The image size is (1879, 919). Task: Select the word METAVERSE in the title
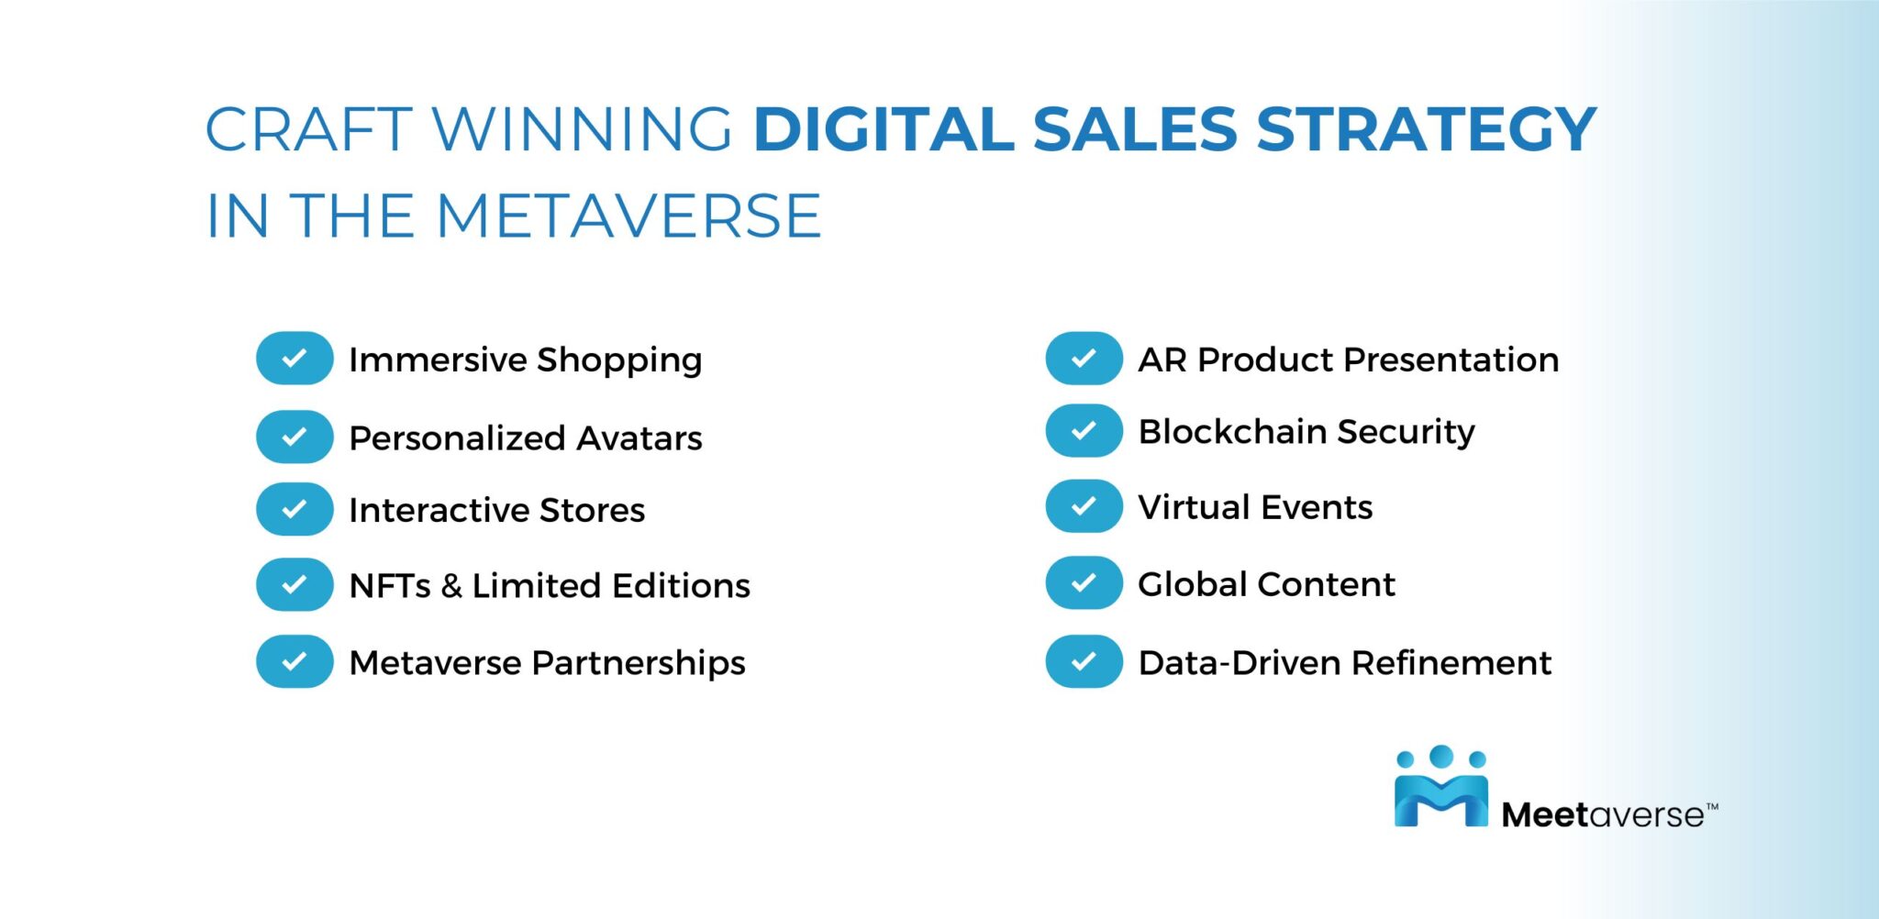[x=628, y=216]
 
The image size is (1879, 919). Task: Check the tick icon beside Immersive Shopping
[x=295, y=358]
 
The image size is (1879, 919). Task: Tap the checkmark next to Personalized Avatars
[x=295, y=437]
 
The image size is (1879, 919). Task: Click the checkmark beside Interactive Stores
[x=295, y=509]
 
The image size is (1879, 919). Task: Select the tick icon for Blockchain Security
[x=1084, y=430]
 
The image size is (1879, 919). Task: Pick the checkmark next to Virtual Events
[x=1084, y=505]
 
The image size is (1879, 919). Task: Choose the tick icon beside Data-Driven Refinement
[x=1084, y=661]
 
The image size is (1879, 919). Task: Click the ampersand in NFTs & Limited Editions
[x=450, y=586]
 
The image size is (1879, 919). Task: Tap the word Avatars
[x=639, y=438]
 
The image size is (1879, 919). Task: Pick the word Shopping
[x=619, y=360]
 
